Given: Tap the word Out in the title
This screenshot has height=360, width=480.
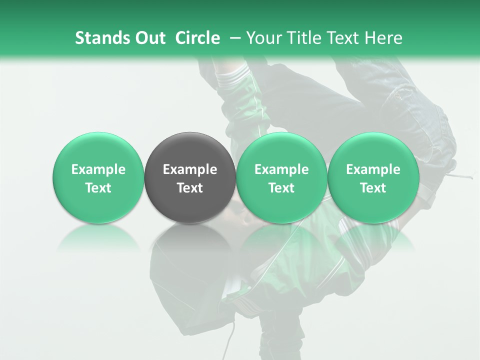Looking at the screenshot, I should (148, 38).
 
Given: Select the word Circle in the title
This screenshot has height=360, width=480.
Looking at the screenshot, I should (197, 38).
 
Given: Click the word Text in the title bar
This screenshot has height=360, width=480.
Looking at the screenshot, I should (344, 38).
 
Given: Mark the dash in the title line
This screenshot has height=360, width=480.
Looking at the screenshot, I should (233, 38).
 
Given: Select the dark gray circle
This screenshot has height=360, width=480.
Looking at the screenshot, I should (189, 177).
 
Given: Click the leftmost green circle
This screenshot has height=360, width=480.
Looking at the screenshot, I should (98, 177).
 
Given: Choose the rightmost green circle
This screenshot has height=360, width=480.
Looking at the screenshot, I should (373, 177).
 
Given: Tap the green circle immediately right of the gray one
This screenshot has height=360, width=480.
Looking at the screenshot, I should (281, 177).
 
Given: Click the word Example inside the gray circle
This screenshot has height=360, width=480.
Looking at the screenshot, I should (190, 169).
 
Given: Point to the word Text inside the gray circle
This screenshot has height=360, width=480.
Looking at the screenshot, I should (190, 188).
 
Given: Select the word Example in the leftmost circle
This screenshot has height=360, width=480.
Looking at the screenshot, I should (98, 169).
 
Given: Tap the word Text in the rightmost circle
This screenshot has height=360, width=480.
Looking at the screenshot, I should (373, 188).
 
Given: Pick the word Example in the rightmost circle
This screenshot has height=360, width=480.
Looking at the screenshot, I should (373, 169).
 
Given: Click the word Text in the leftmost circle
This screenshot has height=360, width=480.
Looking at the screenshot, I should (98, 188).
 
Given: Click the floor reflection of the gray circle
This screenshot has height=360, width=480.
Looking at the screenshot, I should (189, 240).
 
